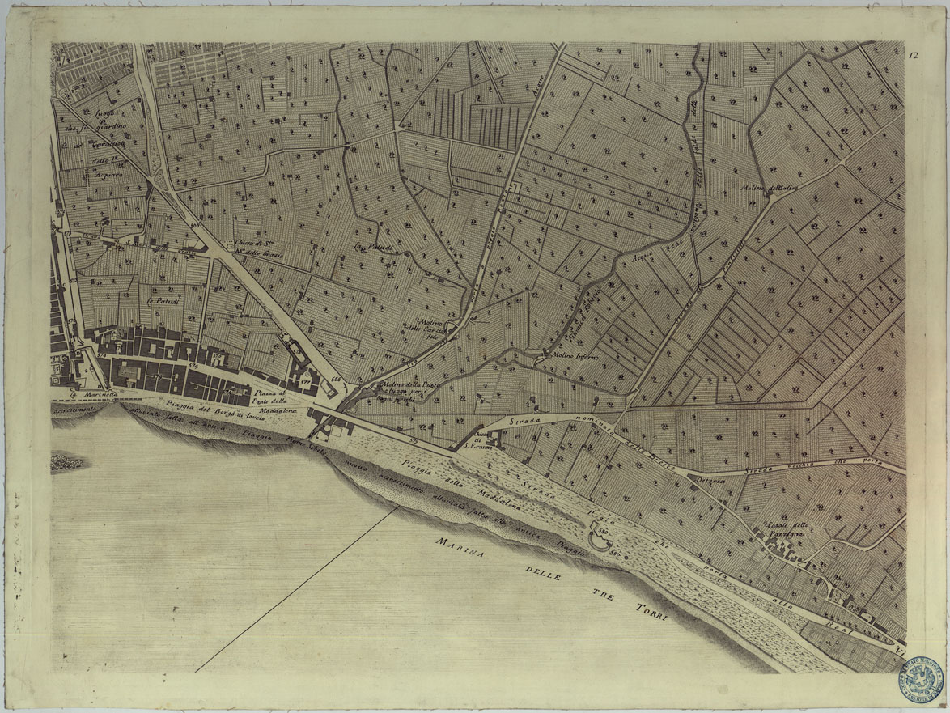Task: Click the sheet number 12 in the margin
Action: (912, 56)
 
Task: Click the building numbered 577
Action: (305, 377)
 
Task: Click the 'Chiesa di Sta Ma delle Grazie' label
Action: (256, 247)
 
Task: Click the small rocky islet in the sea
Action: (67, 463)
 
